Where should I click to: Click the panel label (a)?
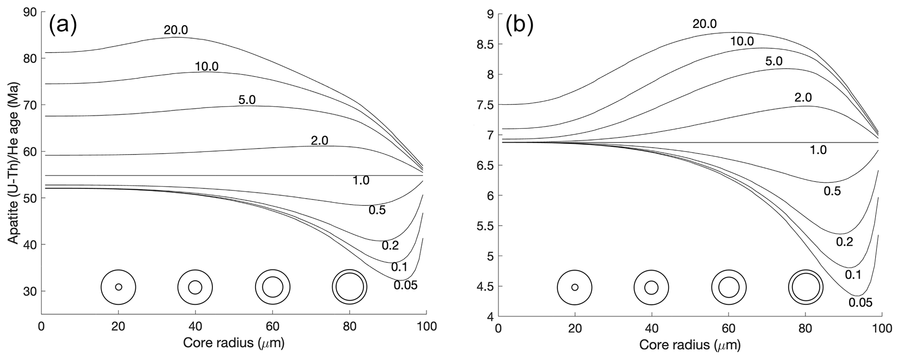(63, 26)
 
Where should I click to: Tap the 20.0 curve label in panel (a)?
(176, 30)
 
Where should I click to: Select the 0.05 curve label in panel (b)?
(860, 302)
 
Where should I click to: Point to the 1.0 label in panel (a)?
(361, 180)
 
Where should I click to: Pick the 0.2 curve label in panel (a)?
(390, 246)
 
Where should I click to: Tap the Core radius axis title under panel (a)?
(233, 343)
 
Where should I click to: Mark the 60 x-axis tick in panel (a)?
(272, 326)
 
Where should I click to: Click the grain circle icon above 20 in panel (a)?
(118, 287)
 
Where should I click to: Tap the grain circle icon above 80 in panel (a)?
(350, 287)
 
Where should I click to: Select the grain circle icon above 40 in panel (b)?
(651, 287)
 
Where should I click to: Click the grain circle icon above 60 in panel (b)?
(728, 287)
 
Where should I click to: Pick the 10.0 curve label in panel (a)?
(206, 67)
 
